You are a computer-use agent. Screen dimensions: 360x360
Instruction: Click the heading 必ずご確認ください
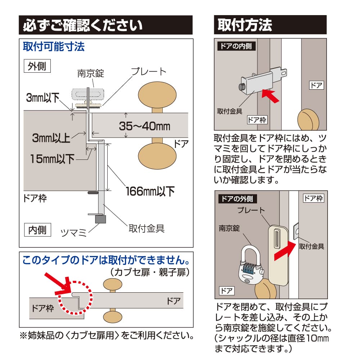point(83,25)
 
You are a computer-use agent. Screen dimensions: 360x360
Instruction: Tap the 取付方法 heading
point(245,25)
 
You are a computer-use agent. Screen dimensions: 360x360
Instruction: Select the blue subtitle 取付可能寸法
point(54,46)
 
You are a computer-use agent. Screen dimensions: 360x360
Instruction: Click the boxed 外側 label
point(37,66)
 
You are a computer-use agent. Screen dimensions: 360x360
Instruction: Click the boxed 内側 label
point(37,230)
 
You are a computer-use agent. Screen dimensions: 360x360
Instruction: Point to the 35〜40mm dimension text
point(145,126)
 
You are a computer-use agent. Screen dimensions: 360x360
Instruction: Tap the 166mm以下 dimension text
point(150,191)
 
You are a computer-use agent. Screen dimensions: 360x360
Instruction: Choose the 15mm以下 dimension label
point(53,159)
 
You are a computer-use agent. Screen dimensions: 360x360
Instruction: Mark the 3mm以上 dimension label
point(51,138)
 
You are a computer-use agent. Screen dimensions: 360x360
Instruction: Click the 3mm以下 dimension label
point(43,98)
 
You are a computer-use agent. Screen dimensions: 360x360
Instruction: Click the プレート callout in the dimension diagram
point(149,72)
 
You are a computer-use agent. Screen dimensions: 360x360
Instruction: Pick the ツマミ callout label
point(73,233)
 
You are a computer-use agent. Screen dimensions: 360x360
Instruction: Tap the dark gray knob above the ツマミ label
point(100,219)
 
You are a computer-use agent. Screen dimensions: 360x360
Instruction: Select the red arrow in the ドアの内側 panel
point(270,96)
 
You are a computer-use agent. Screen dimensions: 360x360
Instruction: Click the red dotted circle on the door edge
point(75,298)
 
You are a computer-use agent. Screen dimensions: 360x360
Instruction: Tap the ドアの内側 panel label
point(236,46)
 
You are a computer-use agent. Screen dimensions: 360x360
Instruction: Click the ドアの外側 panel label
point(237,199)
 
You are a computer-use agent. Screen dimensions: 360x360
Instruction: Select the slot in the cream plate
point(277,239)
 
